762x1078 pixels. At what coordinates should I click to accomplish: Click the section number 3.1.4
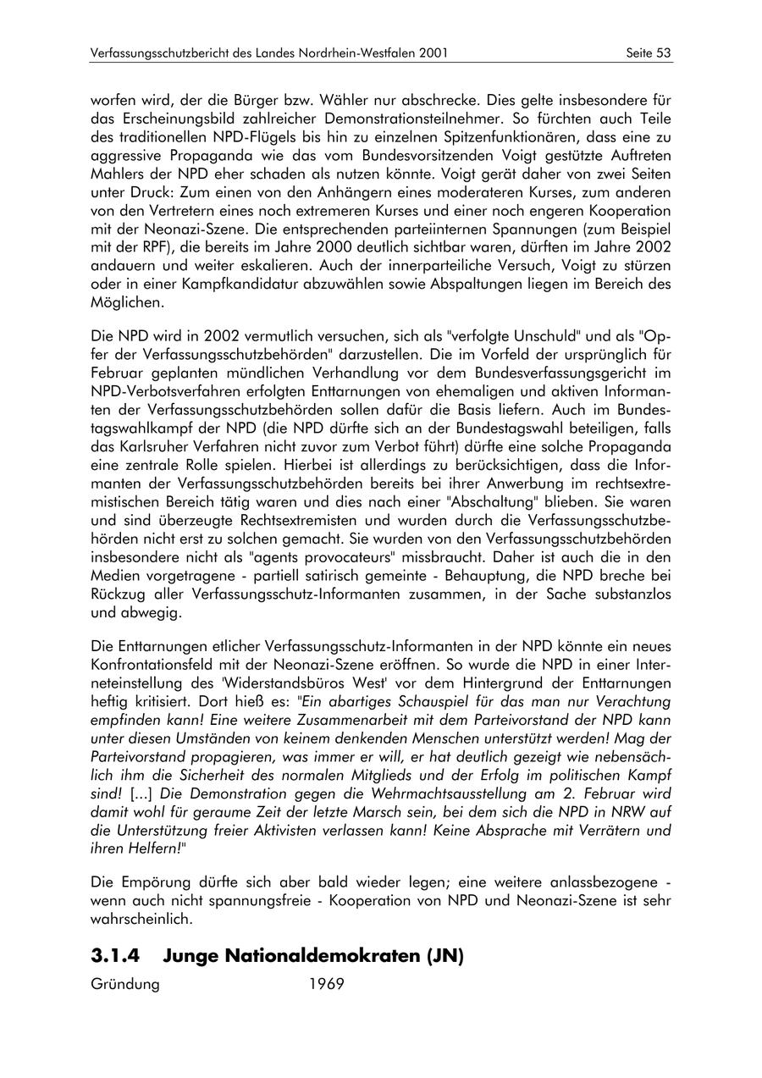click(x=116, y=956)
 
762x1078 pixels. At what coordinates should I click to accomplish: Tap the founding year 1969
click(x=327, y=985)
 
